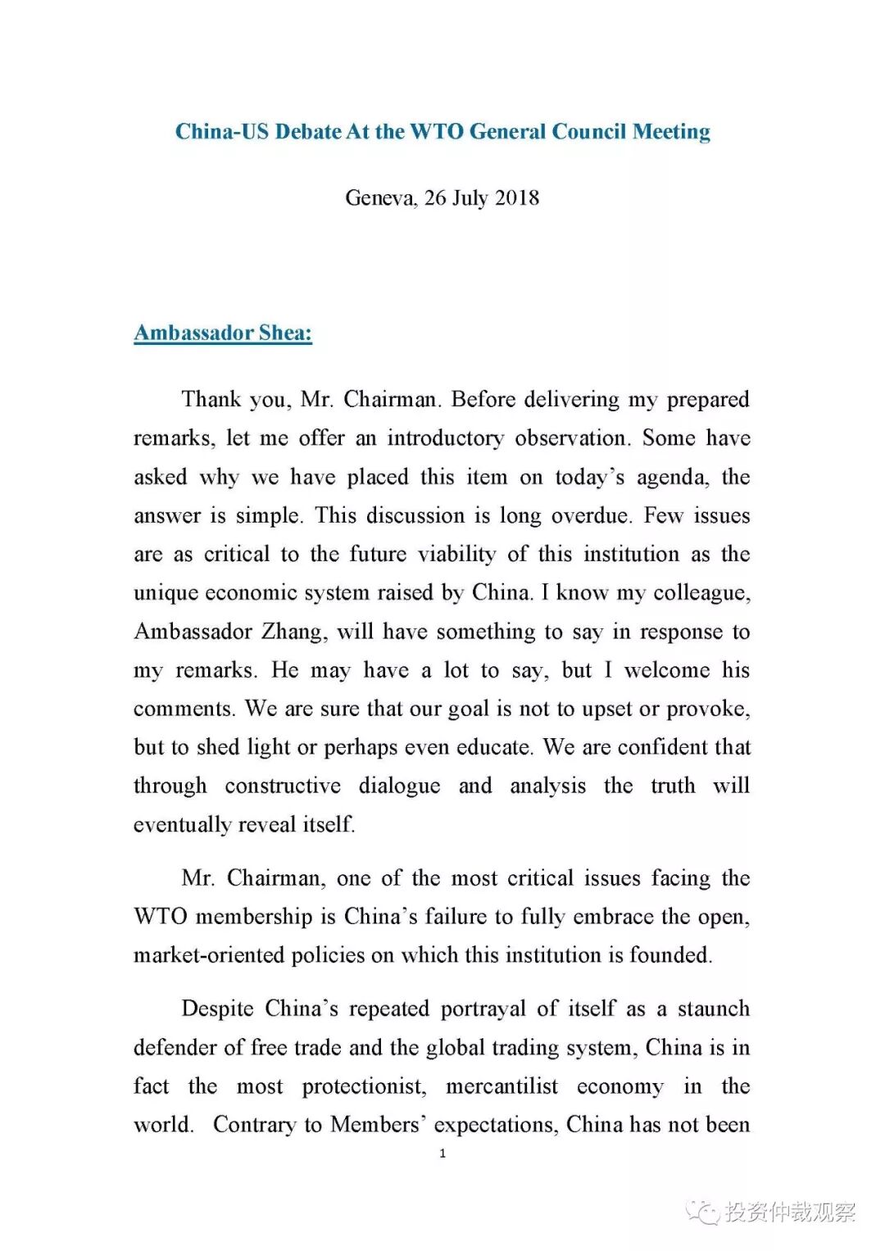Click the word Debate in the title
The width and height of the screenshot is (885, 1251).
(x=308, y=132)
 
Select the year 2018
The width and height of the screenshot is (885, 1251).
(x=517, y=198)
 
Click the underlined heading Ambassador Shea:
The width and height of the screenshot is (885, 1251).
(x=223, y=333)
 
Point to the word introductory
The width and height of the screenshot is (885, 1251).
(x=446, y=438)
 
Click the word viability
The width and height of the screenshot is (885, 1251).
(x=457, y=555)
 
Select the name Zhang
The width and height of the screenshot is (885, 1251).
(x=292, y=632)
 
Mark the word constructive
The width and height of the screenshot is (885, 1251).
(x=283, y=786)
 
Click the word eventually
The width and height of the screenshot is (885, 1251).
(x=182, y=825)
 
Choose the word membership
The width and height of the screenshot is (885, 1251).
(x=255, y=917)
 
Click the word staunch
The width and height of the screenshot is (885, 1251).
(x=714, y=1009)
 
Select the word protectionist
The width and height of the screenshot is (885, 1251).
(x=364, y=1086)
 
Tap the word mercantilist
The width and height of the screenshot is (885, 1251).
(x=501, y=1086)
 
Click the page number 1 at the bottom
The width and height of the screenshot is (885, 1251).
(x=442, y=1154)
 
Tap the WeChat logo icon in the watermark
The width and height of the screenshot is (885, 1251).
(x=703, y=1212)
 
